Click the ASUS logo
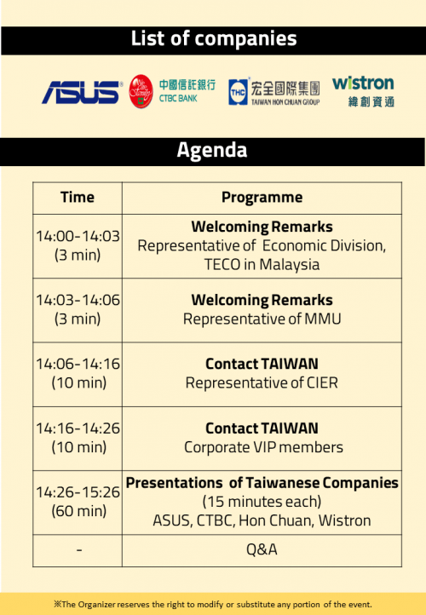82,92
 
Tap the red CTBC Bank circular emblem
141,91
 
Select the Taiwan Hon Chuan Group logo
274,92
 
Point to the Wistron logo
363,91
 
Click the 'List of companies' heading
214,39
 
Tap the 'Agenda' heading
212,150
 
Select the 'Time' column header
78,198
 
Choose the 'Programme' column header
262,198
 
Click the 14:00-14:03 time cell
78,245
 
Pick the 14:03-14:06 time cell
78,309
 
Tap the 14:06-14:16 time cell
78,373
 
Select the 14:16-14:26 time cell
78,438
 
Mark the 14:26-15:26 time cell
78,502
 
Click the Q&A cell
262,550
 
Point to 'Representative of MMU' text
262,319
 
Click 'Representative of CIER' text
262,383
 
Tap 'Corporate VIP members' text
263,447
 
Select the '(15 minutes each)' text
262,502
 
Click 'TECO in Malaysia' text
262,265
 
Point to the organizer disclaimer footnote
213,605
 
